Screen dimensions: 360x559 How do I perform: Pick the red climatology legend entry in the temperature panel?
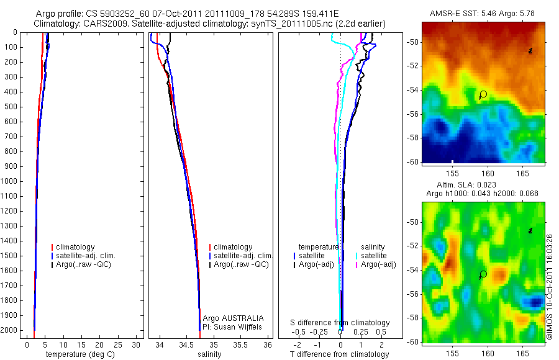pyautogui.click(x=75, y=247)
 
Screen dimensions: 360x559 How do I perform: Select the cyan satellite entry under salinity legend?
pyautogui.click(x=374, y=256)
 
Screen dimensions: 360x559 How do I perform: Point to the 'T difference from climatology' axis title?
pyautogui.click(x=339, y=354)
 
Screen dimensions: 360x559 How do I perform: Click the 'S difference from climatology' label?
pyautogui.click(x=340, y=323)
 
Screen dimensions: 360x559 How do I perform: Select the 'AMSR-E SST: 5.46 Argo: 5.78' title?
pyautogui.click(x=483, y=14)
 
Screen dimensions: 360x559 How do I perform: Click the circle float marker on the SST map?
pyautogui.click(x=483, y=94)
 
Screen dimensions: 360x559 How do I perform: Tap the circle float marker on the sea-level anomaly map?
pyautogui.click(x=483, y=274)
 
